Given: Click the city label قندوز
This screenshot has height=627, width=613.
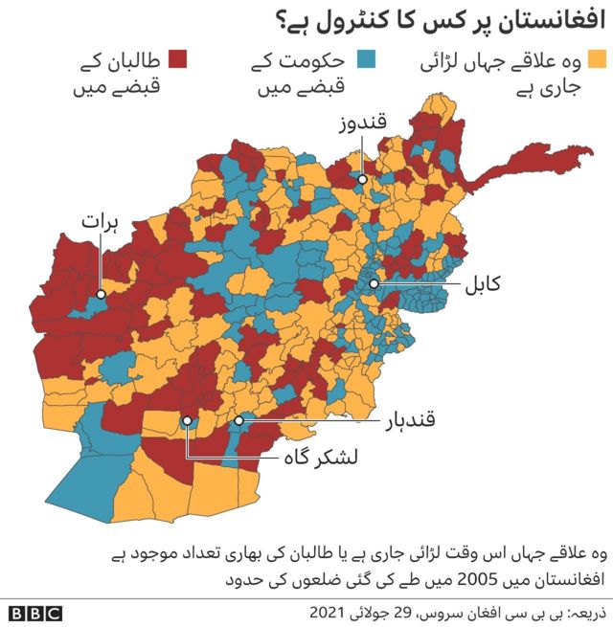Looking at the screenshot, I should (363, 123).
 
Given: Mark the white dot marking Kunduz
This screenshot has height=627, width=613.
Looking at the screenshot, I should (363, 179).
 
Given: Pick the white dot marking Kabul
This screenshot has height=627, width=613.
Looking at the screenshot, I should (375, 283).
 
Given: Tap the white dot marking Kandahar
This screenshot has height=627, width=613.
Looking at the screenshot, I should (238, 420).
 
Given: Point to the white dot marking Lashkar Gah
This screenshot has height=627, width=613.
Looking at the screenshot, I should (188, 420).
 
